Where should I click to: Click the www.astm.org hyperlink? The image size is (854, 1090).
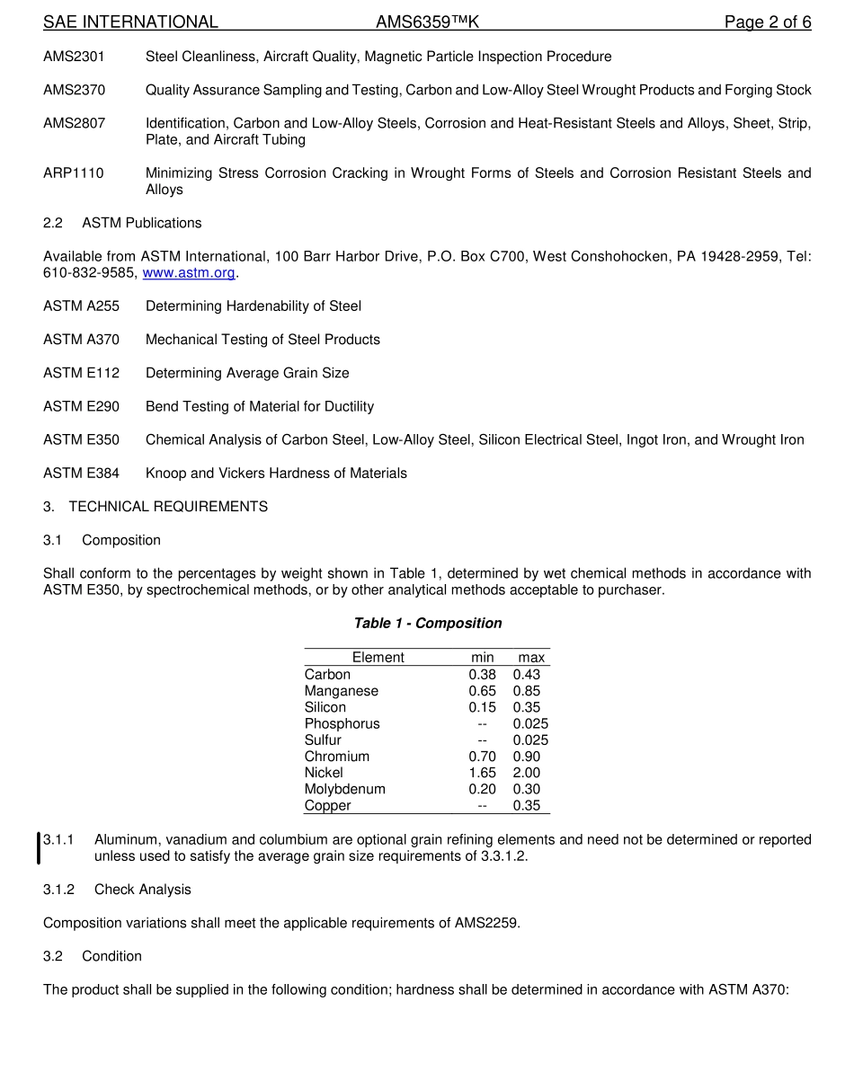click(189, 273)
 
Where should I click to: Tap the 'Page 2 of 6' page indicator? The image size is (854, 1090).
click(768, 22)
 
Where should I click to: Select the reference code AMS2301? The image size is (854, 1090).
click(75, 57)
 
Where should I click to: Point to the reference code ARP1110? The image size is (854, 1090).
click(74, 173)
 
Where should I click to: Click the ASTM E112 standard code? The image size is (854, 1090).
click(81, 373)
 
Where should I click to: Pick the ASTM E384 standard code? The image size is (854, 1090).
click(81, 474)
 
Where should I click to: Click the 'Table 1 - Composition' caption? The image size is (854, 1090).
click(428, 624)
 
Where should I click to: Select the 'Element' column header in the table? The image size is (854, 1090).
click(378, 658)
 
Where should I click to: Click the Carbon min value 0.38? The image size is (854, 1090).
click(482, 675)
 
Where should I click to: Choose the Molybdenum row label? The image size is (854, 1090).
click(344, 789)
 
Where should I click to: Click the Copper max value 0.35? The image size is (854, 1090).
click(527, 806)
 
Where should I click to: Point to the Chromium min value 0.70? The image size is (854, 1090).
click(482, 757)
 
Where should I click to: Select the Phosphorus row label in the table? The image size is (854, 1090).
click(342, 724)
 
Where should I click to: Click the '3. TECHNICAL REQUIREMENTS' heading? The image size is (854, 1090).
click(156, 507)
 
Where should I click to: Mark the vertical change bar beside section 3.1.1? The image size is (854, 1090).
click(38, 848)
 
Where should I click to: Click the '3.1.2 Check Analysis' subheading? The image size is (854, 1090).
click(117, 890)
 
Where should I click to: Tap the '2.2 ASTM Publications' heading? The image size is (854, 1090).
click(122, 223)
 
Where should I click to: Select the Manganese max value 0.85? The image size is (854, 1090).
click(527, 691)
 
